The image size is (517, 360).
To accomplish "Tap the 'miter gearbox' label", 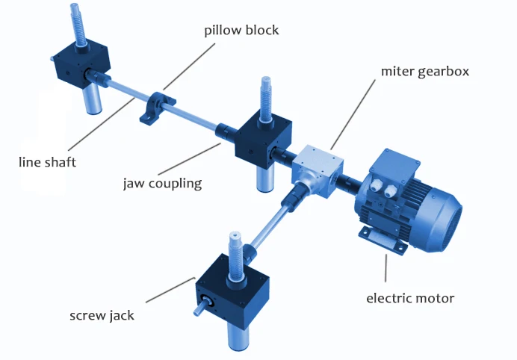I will coord(424,72).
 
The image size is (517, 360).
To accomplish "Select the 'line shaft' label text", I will coord(48,161).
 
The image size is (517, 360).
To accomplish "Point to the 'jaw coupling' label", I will coord(162,182).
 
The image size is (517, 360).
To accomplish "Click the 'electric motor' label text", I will coord(410,298).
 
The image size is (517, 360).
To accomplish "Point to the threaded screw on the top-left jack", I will coord(78,22).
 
